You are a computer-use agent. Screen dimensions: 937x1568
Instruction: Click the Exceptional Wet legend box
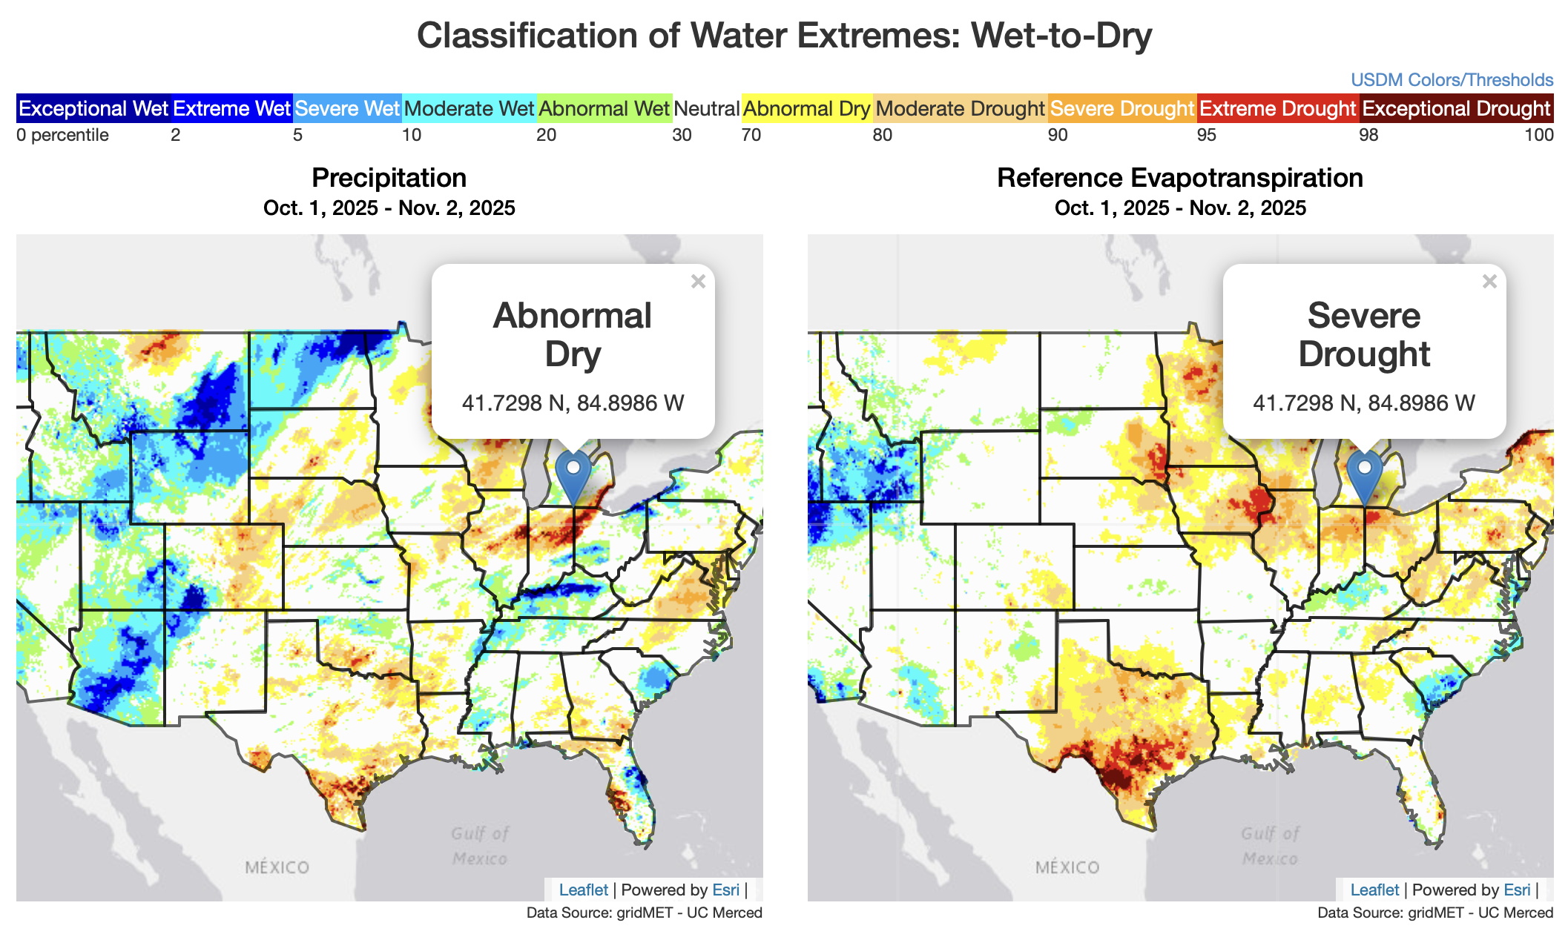click(x=93, y=109)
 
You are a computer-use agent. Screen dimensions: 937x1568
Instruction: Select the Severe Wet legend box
click(x=347, y=109)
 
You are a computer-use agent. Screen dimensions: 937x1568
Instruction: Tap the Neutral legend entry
click(x=706, y=109)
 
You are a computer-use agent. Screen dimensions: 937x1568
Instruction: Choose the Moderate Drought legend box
click(x=960, y=109)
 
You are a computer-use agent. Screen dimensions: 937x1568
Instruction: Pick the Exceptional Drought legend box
click(x=1456, y=109)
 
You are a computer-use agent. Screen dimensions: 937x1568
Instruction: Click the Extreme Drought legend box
click(x=1277, y=109)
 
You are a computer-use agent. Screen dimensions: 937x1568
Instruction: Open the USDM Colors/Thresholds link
click(x=1452, y=80)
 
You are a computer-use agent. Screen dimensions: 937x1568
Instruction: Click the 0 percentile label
click(x=62, y=135)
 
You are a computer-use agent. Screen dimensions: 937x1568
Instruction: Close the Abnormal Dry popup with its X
click(x=698, y=282)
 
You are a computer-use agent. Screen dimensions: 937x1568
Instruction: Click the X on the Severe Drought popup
click(x=1489, y=282)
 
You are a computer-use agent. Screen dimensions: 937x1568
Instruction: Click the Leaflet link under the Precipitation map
click(x=583, y=890)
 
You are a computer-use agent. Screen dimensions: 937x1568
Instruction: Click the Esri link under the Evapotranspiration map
click(x=1517, y=890)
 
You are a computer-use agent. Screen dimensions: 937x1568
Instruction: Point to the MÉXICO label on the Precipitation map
click(x=277, y=867)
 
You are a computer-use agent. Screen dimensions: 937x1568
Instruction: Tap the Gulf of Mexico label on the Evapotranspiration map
click(x=1270, y=846)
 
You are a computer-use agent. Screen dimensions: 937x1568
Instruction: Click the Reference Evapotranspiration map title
click(x=1179, y=178)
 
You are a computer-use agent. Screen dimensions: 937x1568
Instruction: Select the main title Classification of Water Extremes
click(x=784, y=36)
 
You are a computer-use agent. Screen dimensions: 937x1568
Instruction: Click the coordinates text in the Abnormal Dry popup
click(x=573, y=403)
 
